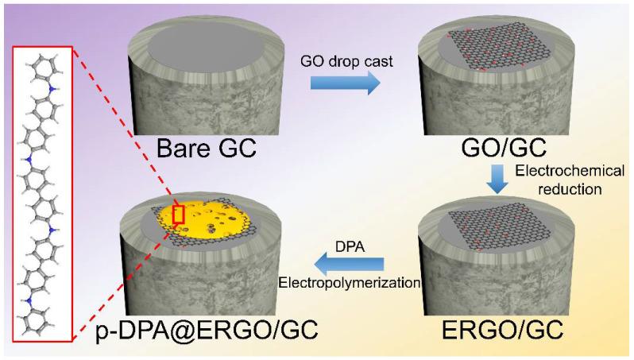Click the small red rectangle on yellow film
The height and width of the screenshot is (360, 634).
[x=178, y=215]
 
